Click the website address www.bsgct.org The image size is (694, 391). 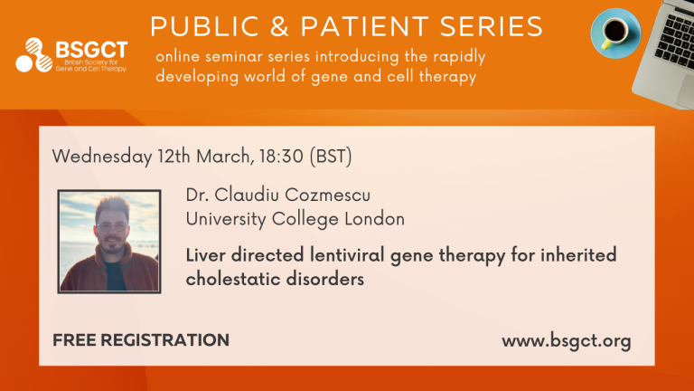pos(566,341)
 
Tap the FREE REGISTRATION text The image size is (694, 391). pos(140,340)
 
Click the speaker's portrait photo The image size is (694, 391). pos(109,240)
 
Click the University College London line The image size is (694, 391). pos(295,218)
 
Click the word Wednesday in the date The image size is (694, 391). pos(101,155)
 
